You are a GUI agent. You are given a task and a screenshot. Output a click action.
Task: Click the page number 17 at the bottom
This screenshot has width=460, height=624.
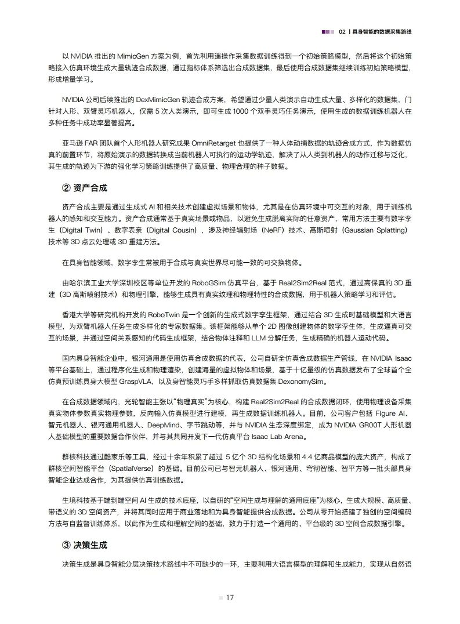point(230,598)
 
